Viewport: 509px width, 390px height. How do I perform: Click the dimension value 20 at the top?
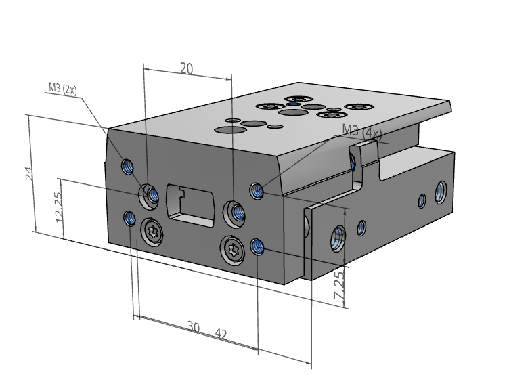187,68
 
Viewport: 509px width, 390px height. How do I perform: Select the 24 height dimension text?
29,173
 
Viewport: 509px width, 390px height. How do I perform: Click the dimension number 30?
193,328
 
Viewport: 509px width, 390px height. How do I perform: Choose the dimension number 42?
221,333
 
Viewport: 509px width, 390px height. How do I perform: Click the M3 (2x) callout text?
63,88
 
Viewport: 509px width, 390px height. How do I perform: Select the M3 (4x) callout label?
362,131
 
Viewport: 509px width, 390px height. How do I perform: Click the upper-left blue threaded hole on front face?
127,165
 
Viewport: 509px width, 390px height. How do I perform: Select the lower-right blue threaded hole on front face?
257,246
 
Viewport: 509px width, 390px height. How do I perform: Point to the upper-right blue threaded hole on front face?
256,190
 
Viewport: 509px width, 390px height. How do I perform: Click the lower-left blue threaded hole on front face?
130,217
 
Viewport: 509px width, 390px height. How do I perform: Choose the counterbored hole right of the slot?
236,212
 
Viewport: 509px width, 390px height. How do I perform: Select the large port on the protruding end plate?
336,238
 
